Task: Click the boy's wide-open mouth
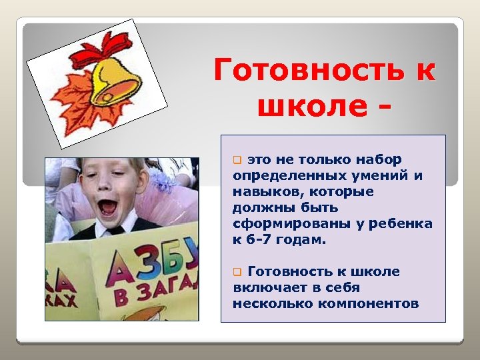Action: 107,207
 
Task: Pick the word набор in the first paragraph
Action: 378,159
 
